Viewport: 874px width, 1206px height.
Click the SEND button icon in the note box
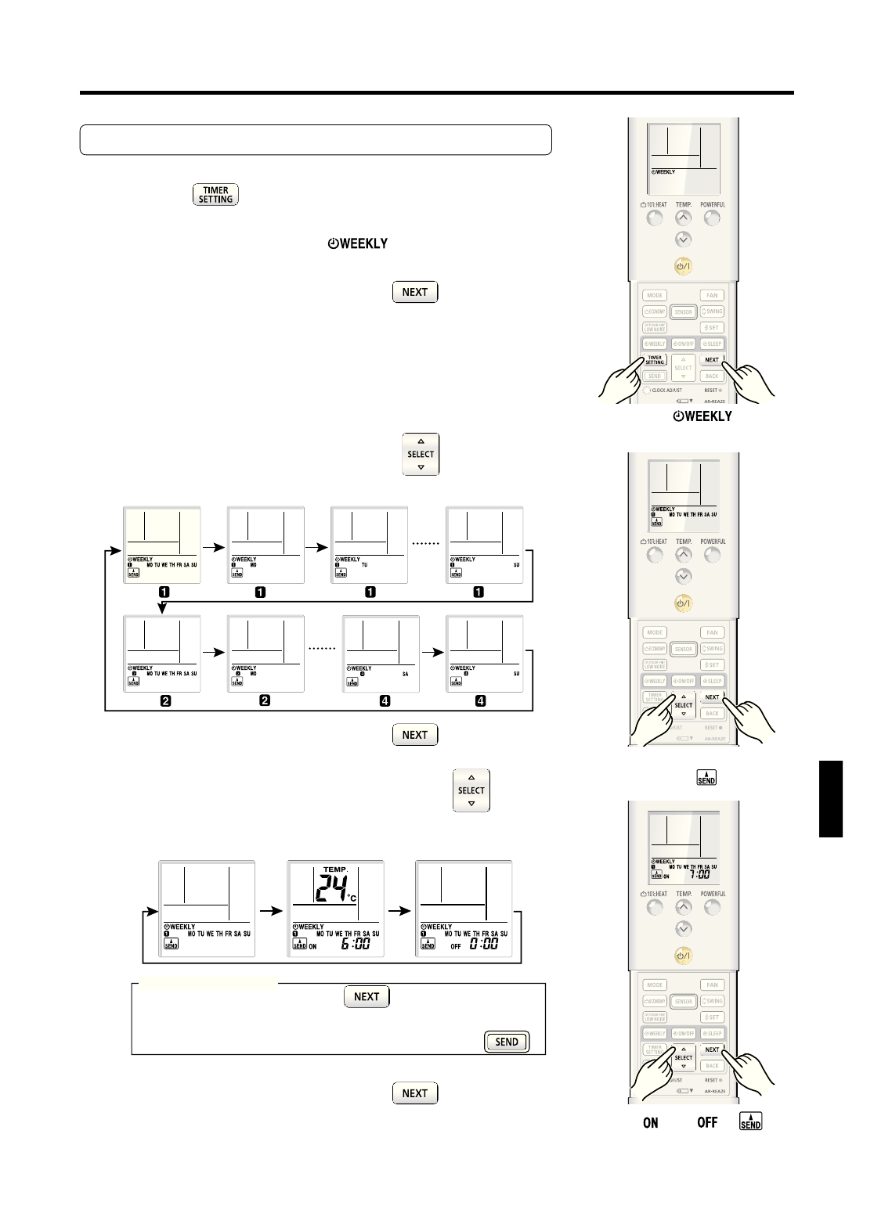click(x=507, y=1042)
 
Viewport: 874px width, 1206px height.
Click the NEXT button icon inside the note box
click(x=367, y=996)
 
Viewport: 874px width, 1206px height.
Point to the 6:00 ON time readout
click(x=356, y=945)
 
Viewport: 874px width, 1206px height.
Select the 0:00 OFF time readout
click(x=484, y=945)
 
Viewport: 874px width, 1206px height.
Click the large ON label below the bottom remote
click(x=651, y=1122)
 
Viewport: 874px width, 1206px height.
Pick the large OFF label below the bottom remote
click(x=707, y=1122)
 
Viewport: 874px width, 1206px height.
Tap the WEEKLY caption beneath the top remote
click(x=702, y=416)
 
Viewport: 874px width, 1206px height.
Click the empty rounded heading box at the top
click(x=316, y=139)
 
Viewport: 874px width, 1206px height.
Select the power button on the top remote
click(x=684, y=267)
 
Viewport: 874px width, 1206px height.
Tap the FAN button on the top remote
click(x=712, y=296)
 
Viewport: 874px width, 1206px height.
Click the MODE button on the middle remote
click(x=655, y=632)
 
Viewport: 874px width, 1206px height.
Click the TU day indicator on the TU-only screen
click(x=365, y=564)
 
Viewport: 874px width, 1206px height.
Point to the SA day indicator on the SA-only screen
click(x=406, y=673)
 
